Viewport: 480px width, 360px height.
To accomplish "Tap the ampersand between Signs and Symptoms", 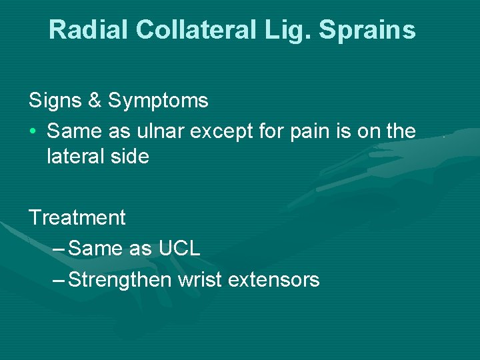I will tap(94, 101).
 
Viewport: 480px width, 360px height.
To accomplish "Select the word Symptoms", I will tap(158, 101).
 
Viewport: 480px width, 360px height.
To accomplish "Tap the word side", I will tap(131, 157).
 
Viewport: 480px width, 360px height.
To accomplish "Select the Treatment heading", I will tap(77, 218).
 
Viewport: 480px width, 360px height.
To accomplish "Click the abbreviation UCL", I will tap(179, 249).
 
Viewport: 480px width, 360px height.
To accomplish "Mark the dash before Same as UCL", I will tap(58, 249).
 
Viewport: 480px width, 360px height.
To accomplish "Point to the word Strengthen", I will tap(120, 280).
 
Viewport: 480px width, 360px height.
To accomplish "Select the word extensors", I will tap(273, 280).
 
